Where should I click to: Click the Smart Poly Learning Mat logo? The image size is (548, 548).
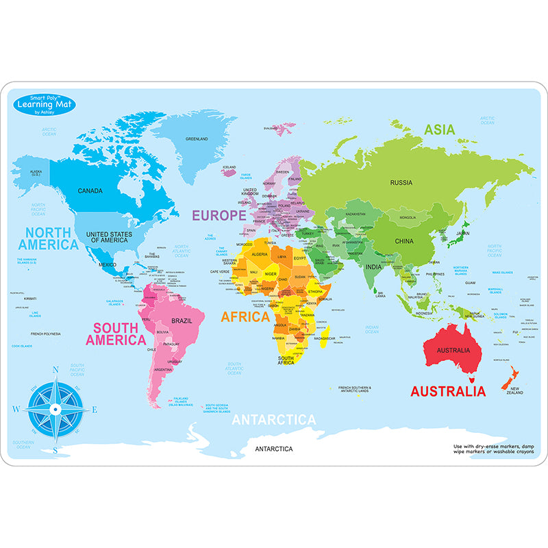tap(44, 105)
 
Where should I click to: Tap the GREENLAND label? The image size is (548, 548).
tap(197, 138)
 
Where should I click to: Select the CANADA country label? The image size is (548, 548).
tap(90, 191)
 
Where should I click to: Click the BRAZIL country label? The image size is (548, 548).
tap(181, 321)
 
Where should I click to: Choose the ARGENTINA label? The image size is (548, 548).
tap(163, 369)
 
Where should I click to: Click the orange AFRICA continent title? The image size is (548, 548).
tap(245, 317)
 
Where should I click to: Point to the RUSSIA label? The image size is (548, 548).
tap(401, 182)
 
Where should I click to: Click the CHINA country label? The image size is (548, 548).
tap(404, 241)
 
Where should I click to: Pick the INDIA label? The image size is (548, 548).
tap(373, 266)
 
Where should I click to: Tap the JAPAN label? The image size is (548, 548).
tap(463, 233)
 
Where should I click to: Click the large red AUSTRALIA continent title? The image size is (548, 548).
tap(447, 392)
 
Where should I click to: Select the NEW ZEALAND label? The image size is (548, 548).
tap(514, 390)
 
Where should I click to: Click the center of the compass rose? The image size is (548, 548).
tap(55, 410)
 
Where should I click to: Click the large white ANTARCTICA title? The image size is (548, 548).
tap(273, 420)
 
